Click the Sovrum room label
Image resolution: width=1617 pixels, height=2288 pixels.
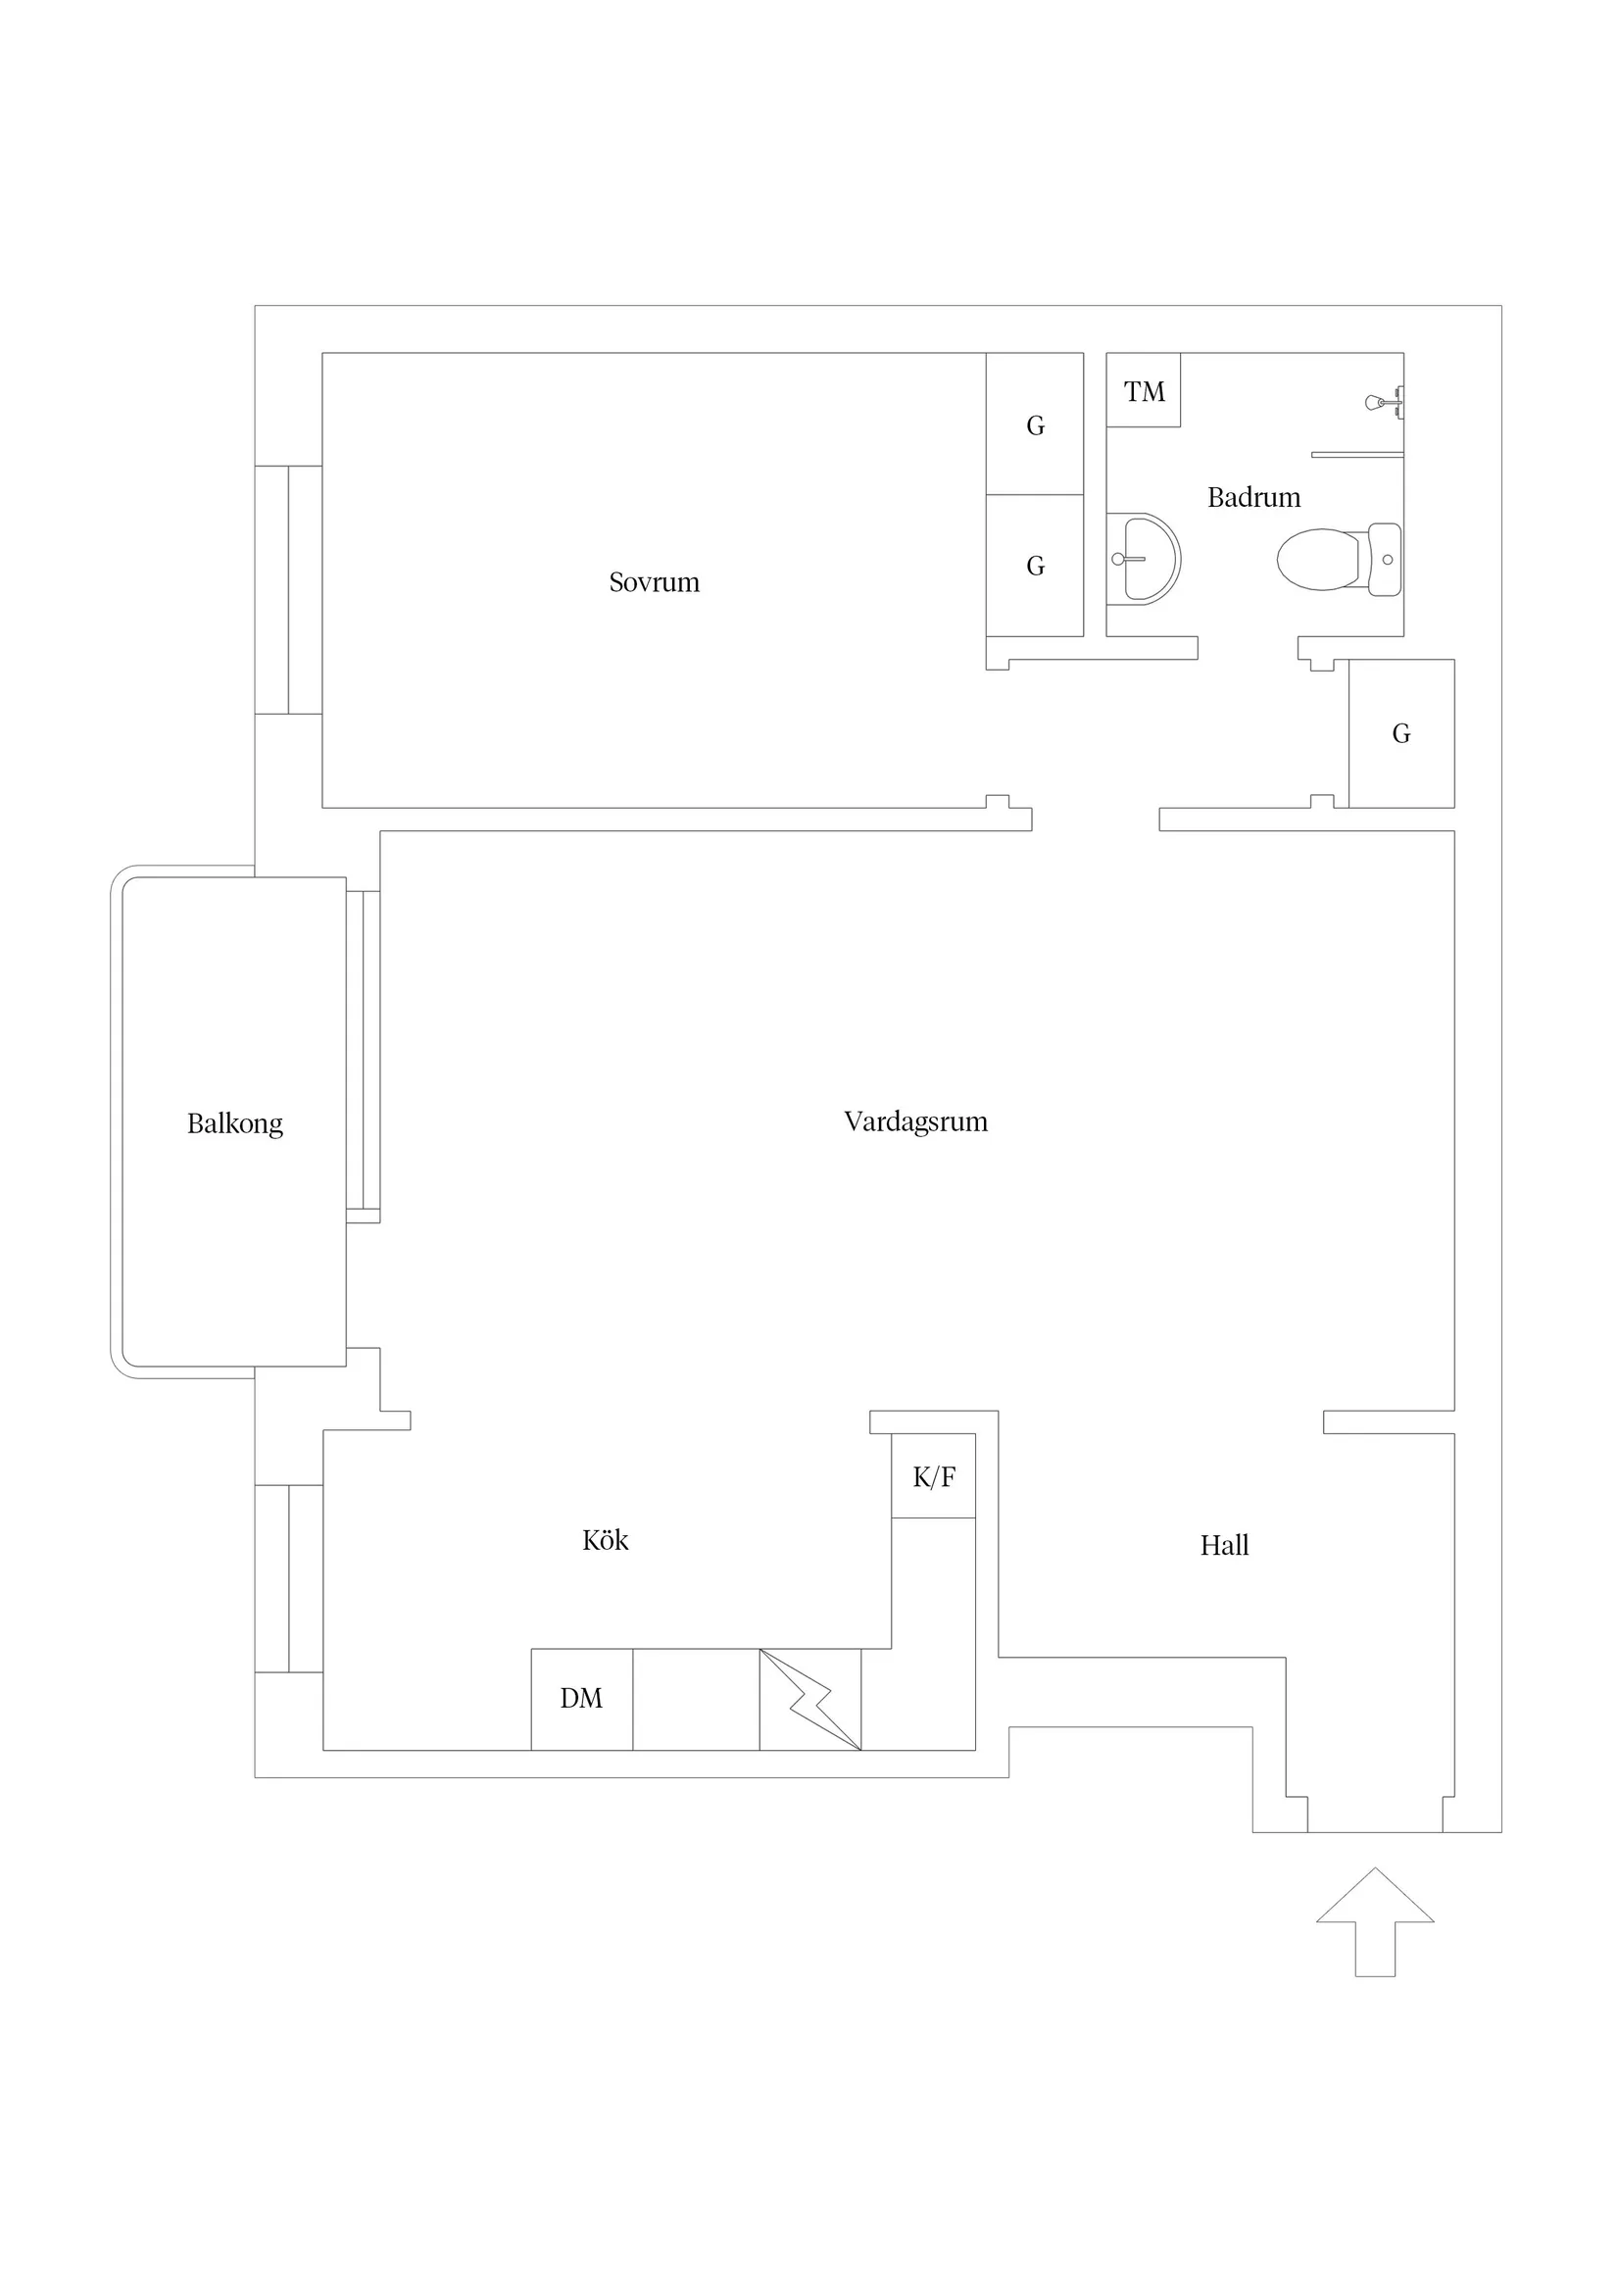[x=654, y=582]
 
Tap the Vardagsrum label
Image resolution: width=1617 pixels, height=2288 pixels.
[x=915, y=1122]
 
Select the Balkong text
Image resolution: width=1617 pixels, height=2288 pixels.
[x=235, y=1124]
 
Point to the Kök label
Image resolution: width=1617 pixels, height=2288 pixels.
[x=605, y=1541]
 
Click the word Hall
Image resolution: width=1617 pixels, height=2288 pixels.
[x=1224, y=1546]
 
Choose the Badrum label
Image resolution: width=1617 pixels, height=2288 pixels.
[x=1253, y=497]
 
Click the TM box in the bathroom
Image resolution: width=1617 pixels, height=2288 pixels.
[x=1144, y=390]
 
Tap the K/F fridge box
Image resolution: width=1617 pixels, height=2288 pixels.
[x=934, y=1477]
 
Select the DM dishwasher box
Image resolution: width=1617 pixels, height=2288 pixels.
[x=582, y=1699]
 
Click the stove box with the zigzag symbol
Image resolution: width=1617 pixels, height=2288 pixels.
[x=810, y=1699]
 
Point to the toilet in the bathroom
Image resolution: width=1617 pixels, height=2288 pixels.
[x=1339, y=559]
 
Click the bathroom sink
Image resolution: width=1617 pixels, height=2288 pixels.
[x=1144, y=559]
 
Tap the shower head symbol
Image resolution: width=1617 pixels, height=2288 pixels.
[x=1384, y=403]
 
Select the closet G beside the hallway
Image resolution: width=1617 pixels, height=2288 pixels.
[x=1401, y=733]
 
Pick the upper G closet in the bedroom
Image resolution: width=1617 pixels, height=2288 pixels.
[x=1035, y=423]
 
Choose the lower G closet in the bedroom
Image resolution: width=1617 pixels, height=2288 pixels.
[x=1035, y=566]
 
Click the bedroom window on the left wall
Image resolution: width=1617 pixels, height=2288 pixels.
[x=289, y=590]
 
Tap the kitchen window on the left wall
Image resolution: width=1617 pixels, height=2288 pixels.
[x=289, y=1578]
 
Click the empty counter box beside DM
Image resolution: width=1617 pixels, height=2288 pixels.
[x=697, y=1699]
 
